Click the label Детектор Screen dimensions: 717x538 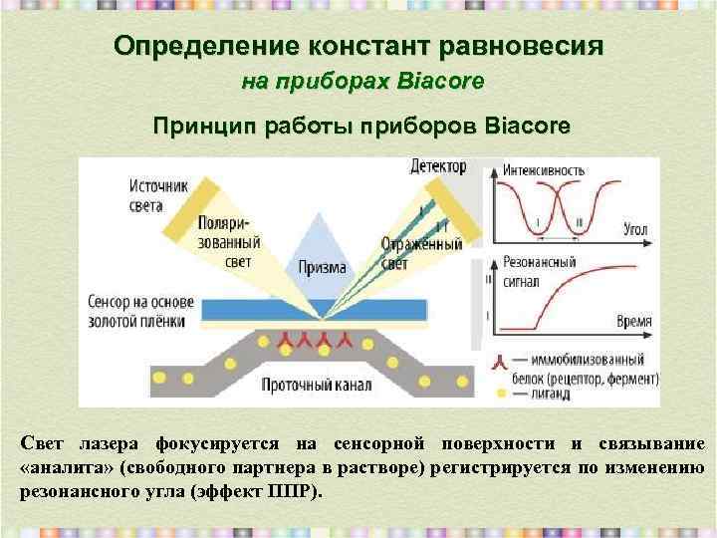tap(437, 165)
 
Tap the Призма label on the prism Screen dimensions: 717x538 tap(321, 267)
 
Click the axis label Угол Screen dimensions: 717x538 tap(634, 230)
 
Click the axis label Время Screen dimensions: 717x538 tap(633, 322)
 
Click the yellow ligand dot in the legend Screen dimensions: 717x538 tap(501, 395)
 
